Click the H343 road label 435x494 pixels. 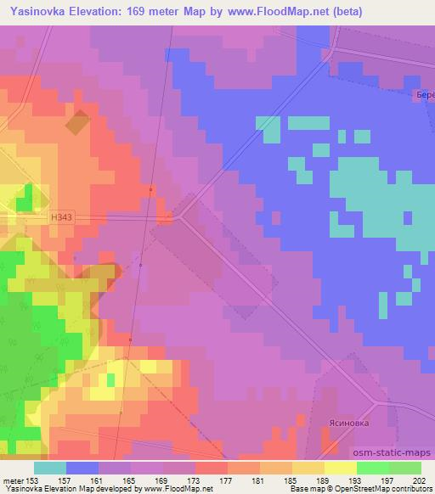pos(61,218)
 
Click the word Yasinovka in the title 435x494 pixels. pos(38,12)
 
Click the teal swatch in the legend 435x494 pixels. pos(50,468)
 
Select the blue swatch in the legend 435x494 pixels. pos(82,468)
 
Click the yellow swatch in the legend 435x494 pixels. pos(340,468)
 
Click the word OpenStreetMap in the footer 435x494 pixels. pos(378,490)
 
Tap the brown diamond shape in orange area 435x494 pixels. pos(77,123)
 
